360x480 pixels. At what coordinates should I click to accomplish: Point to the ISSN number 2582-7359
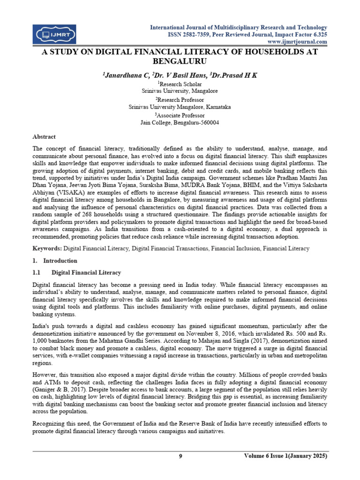tap(208, 35)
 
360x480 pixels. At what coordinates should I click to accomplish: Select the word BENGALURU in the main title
tap(180, 61)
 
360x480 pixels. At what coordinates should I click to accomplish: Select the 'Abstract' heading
tap(44, 136)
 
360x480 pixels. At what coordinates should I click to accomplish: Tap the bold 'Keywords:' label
tap(47, 247)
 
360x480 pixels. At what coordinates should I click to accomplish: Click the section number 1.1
tap(37, 272)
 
